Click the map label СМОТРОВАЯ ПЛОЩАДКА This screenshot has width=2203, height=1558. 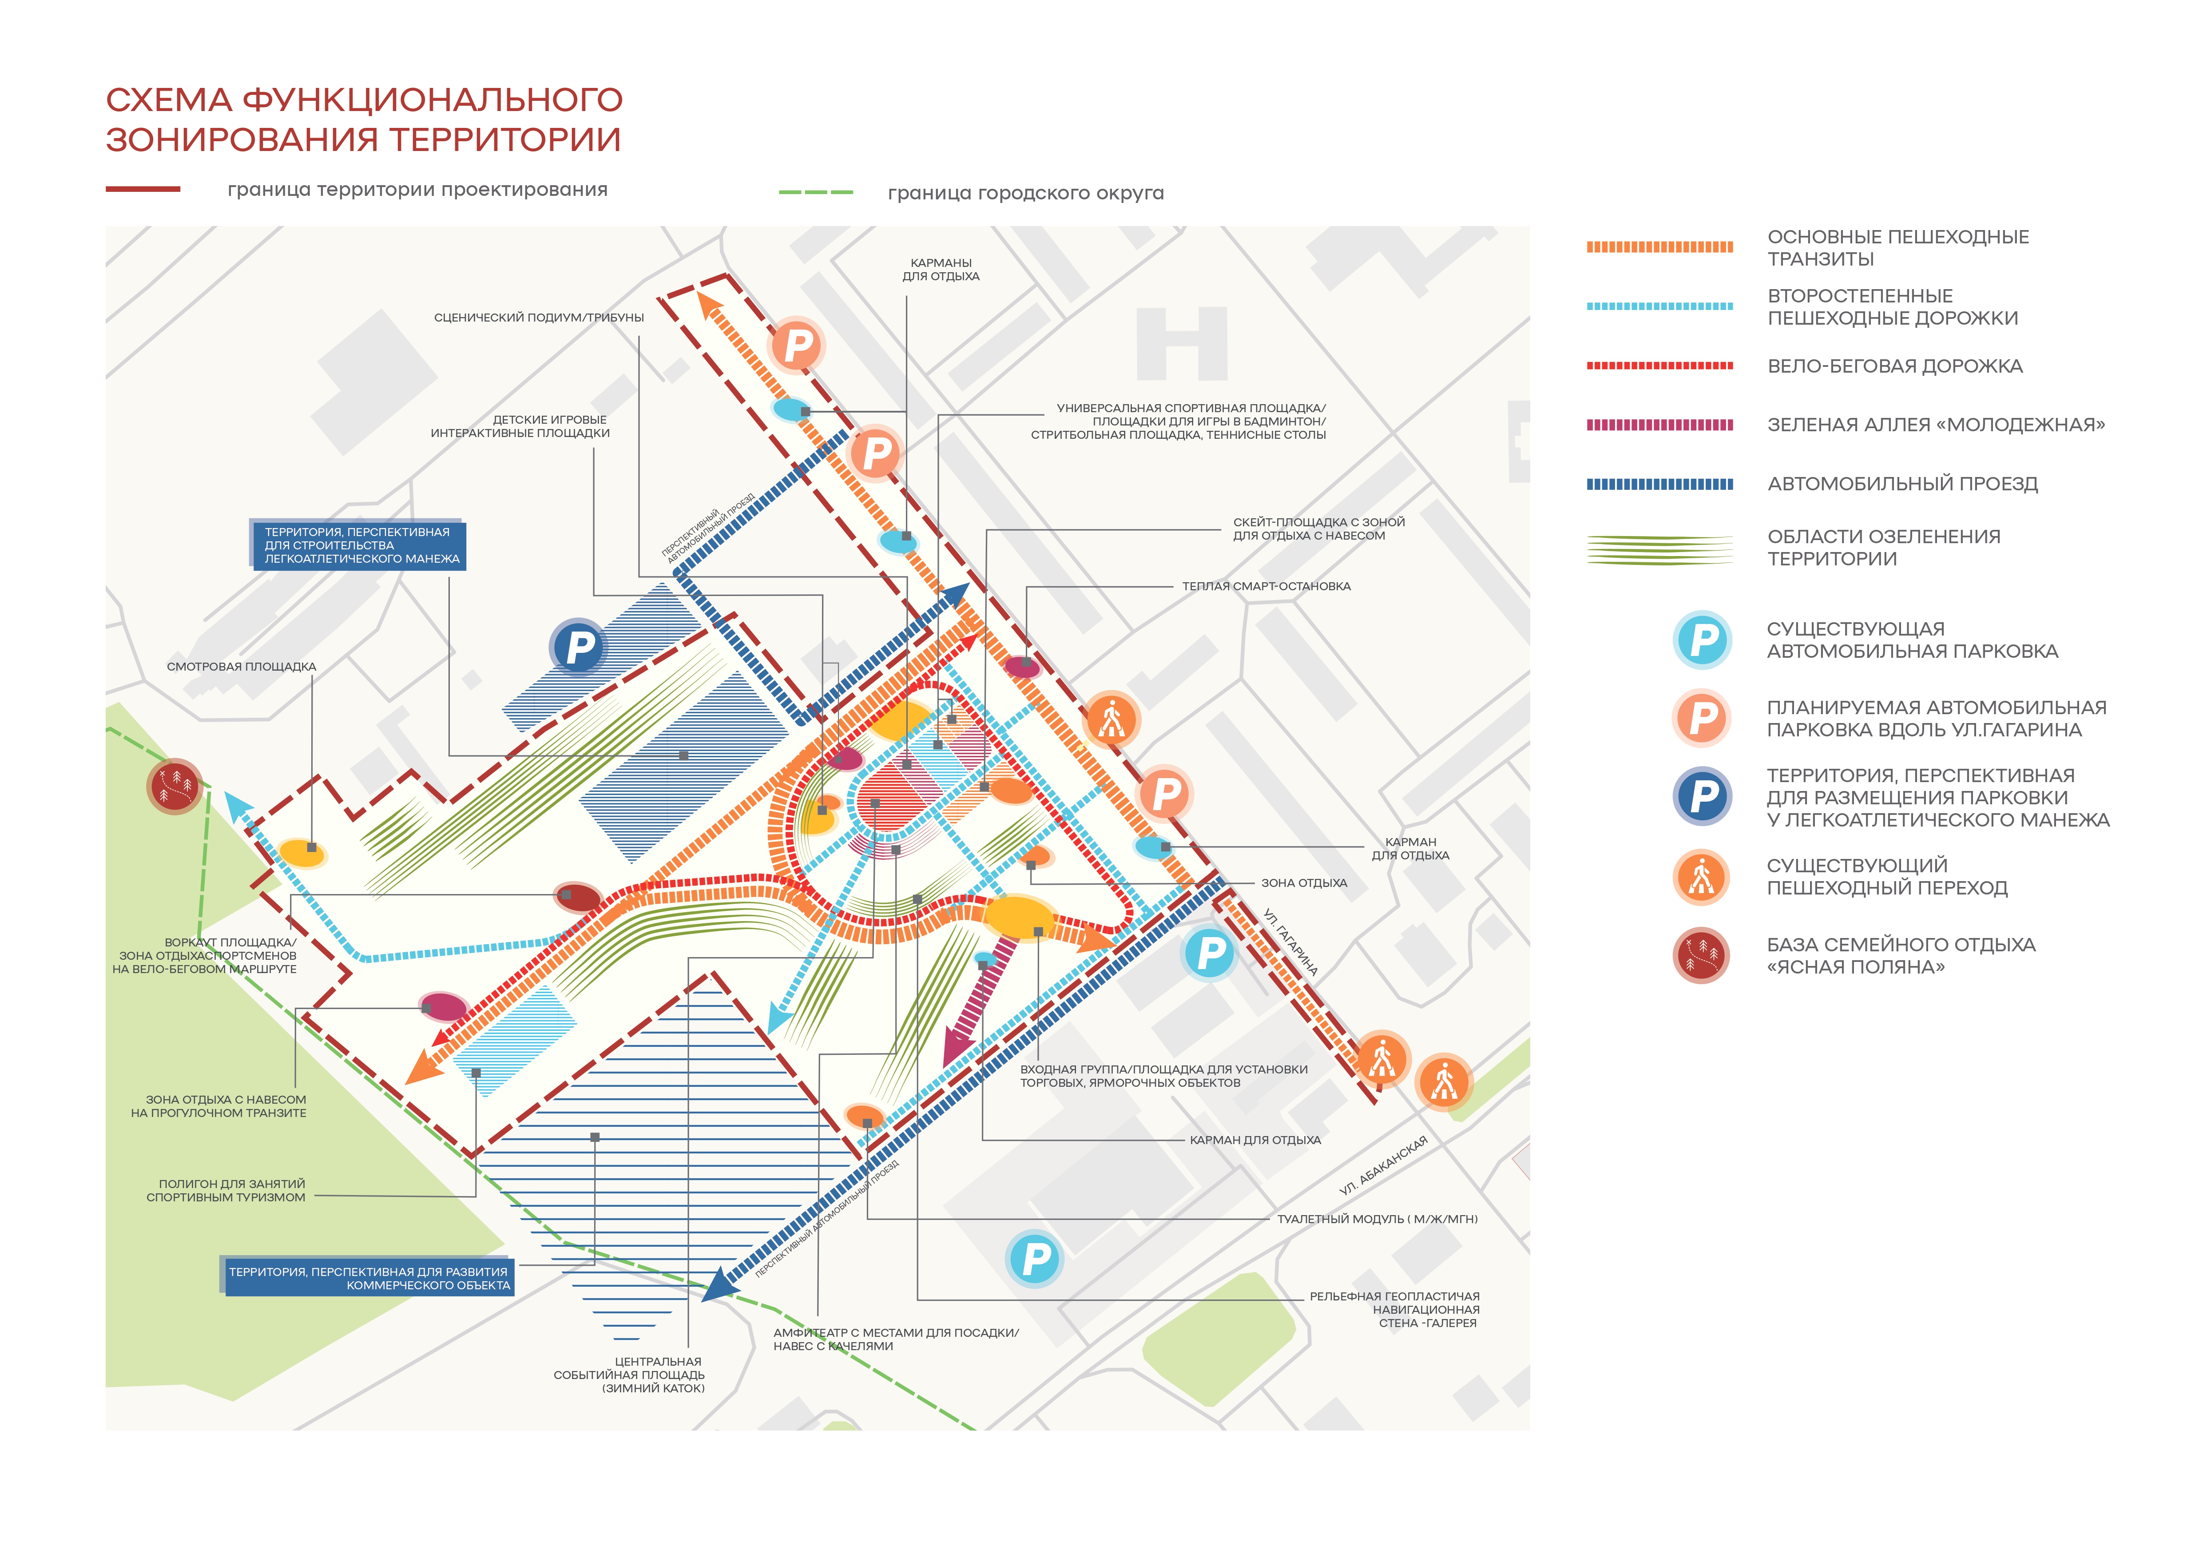241,667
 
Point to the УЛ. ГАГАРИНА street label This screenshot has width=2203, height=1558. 1290,942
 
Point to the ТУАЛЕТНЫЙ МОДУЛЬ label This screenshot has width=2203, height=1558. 1377,1219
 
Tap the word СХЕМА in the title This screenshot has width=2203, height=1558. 169,100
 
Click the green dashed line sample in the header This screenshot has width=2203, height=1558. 816,193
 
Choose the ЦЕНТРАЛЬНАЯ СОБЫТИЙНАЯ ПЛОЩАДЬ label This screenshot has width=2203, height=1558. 629,1375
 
